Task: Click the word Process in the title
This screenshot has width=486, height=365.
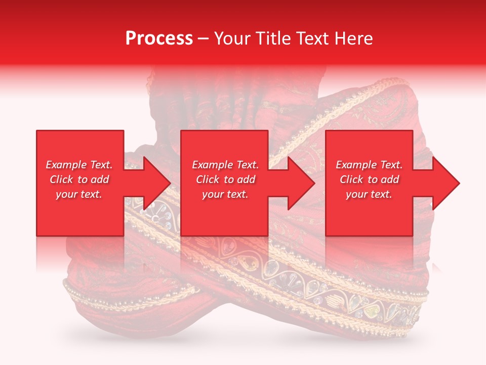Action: [x=159, y=39]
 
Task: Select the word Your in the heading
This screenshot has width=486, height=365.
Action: [x=232, y=39]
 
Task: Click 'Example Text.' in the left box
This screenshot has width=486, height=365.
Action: [x=79, y=165]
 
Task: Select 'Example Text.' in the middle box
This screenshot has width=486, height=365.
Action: [x=225, y=165]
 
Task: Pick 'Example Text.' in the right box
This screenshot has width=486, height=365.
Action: [x=369, y=165]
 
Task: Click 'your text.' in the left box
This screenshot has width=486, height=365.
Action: [x=79, y=194]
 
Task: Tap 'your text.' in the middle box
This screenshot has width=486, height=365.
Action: [x=225, y=194]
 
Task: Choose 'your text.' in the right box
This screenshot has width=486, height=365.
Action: [x=369, y=194]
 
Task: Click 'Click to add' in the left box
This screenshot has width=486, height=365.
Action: [x=79, y=179]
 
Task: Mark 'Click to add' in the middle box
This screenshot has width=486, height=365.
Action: [x=225, y=179]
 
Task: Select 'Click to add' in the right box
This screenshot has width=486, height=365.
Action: [x=369, y=179]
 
